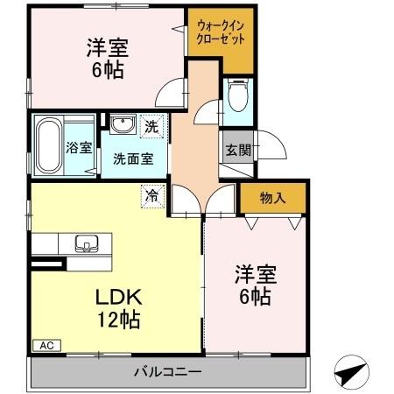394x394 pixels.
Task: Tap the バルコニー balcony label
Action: pos(167,372)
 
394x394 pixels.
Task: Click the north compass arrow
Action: pos(350,372)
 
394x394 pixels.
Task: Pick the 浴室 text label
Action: pos(78,148)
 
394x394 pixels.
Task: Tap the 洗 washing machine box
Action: pos(151,126)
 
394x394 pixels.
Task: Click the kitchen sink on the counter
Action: pos(88,243)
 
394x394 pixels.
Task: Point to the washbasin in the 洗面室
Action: pos(122,124)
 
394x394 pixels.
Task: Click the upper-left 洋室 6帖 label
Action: pos(104,57)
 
